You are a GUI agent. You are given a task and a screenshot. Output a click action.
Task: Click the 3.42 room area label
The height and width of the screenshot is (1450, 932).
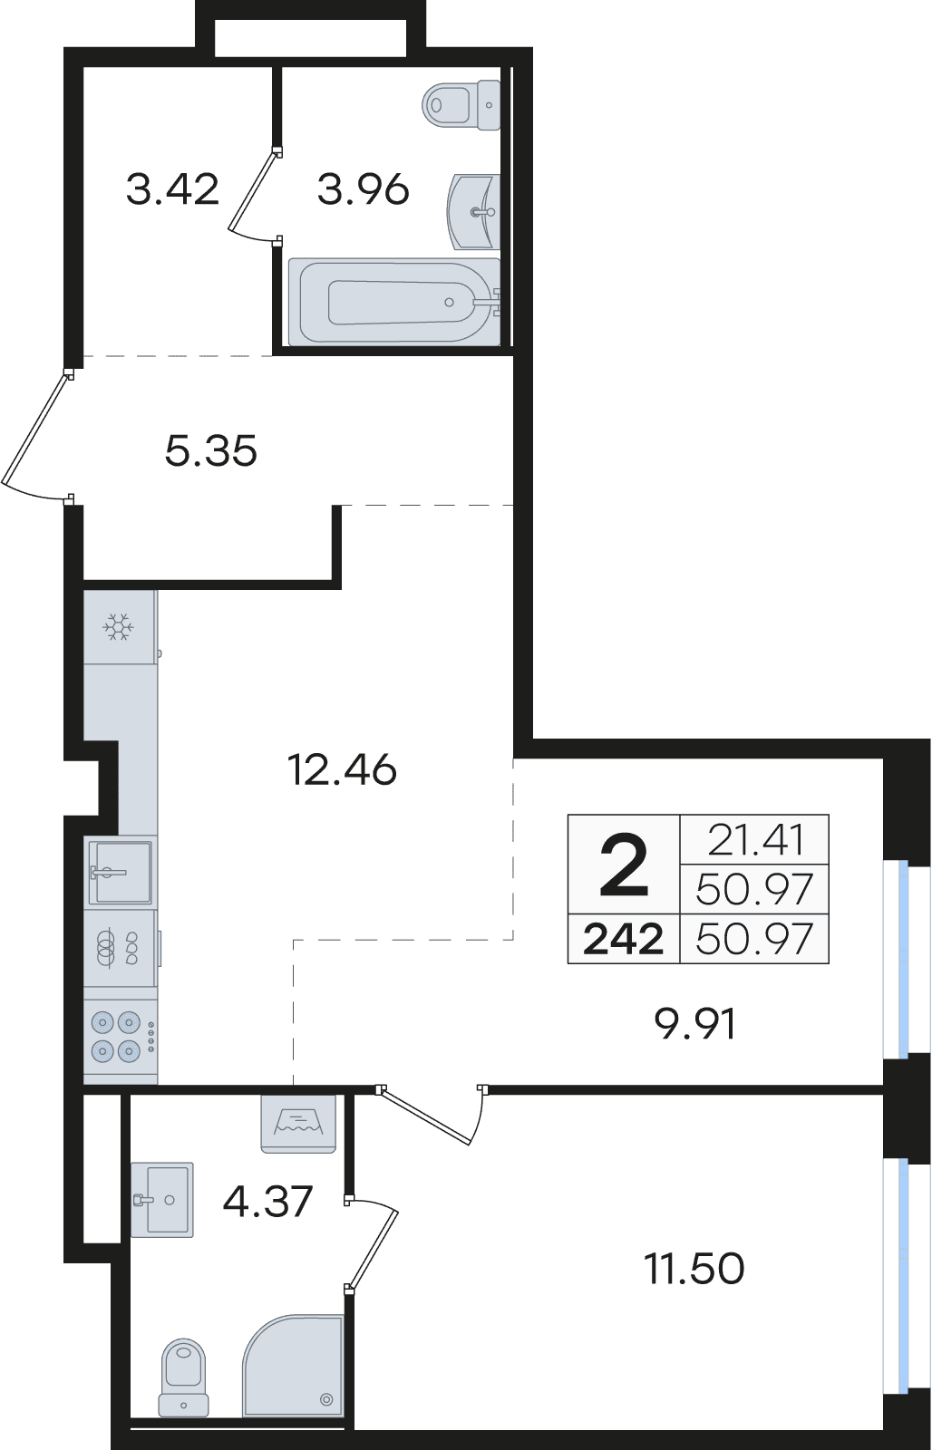click(172, 189)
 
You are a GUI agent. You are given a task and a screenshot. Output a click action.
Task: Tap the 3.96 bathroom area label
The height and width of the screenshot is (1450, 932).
click(363, 189)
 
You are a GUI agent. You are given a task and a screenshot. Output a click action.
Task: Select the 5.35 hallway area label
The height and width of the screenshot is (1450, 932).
click(210, 450)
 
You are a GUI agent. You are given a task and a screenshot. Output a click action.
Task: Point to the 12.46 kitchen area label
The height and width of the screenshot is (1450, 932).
click(341, 770)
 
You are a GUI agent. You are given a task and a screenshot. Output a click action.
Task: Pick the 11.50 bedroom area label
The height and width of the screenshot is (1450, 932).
click(694, 1268)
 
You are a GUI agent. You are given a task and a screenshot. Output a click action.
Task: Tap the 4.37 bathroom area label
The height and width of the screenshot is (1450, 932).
click(267, 1201)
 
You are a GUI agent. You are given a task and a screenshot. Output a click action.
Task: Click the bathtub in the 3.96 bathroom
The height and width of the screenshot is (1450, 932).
click(394, 301)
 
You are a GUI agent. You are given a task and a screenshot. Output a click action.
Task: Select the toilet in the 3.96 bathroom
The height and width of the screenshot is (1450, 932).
click(461, 104)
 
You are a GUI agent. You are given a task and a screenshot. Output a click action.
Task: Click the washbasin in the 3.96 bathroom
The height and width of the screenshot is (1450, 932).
click(474, 211)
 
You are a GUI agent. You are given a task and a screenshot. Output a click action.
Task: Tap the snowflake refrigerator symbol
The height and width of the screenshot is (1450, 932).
click(119, 626)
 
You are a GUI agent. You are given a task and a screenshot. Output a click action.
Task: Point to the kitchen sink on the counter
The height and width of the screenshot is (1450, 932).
click(120, 871)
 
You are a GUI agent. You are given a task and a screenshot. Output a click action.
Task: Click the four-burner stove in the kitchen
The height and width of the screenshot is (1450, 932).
click(121, 1037)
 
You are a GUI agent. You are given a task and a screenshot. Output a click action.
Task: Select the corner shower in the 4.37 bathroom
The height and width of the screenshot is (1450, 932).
click(293, 1365)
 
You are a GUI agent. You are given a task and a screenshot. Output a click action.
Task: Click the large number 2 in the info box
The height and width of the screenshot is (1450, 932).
click(624, 865)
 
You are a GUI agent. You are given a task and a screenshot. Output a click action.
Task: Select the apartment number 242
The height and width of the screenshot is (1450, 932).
click(623, 939)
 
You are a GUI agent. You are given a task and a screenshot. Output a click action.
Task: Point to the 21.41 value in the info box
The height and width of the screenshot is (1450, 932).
click(755, 839)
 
